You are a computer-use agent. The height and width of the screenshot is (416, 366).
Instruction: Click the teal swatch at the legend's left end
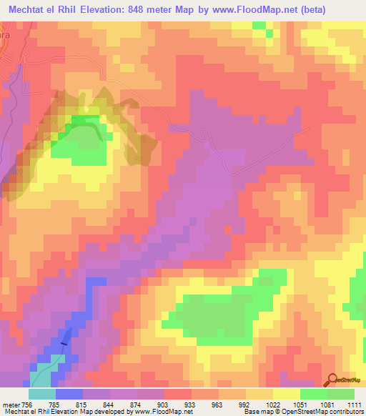[x=41, y=393]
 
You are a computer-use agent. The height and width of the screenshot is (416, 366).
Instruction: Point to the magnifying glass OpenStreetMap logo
[x=332, y=380]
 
